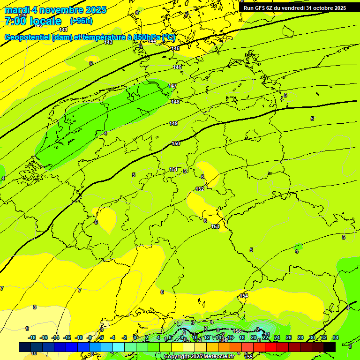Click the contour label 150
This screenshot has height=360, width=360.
pyautogui.click(x=176, y=144)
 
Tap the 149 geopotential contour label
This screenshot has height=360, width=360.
pyautogui.click(x=173, y=123)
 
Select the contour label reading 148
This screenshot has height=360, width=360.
pyautogui.click(x=175, y=102)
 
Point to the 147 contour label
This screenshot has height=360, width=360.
pyautogui.click(x=172, y=86)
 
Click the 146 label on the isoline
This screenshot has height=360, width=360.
pyautogui.click(x=177, y=67)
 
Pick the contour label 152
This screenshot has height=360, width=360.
pyautogui.click(x=200, y=189)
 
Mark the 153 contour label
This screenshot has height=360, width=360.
pyautogui.click(x=215, y=226)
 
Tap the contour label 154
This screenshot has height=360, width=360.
pyautogui.click(x=244, y=296)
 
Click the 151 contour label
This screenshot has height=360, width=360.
pyautogui.click(x=173, y=169)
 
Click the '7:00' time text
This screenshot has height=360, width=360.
pyautogui.click(x=15, y=21)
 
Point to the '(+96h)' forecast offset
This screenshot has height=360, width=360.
pyautogui.click(x=81, y=21)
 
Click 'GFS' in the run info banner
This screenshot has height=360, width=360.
pyautogui.click(x=261, y=8)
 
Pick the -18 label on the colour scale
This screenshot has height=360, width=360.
pyautogui.click(x=32, y=337)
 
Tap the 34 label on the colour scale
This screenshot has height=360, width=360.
pyautogui.click(x=336, y=337)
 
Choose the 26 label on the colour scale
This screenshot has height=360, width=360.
pyautogui.click(x=289, y=337)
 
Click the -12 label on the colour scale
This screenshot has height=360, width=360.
pyautogui.click(x=67, y=337)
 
